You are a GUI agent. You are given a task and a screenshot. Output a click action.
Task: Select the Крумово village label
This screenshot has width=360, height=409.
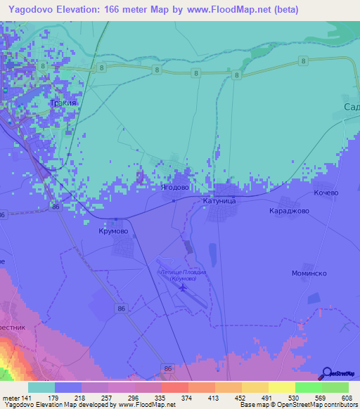[113, 230]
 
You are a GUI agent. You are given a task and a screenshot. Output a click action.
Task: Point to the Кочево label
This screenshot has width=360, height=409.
[326, 193]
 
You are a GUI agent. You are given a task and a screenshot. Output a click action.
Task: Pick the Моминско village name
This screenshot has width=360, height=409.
[309, 273]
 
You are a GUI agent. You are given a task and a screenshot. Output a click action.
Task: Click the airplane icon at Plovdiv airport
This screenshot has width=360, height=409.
[184, 287]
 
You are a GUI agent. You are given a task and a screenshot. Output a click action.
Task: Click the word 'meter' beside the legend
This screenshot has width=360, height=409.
[13, 398]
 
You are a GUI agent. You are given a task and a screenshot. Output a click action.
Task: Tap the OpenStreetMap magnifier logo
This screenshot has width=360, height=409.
[326, 373]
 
